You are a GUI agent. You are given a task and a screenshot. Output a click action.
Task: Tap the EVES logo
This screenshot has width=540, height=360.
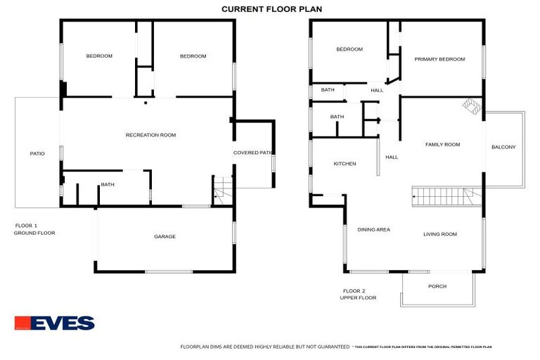(x=54, y=323)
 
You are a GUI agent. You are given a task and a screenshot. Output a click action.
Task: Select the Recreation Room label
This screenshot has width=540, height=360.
(x=150, y=135)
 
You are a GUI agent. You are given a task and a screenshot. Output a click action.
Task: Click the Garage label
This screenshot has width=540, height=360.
(x=165, y=236)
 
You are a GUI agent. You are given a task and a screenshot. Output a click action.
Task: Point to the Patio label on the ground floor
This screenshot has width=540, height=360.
(x=37, y=153)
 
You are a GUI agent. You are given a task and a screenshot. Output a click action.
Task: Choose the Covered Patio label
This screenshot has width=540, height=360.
(x=253, y=153)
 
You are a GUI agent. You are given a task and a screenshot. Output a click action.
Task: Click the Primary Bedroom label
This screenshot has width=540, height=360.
(x=439, y=59)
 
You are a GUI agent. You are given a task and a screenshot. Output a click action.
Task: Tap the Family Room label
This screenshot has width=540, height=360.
(x=442, y=144)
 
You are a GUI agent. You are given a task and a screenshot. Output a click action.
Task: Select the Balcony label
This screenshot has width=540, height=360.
(x=503, y=147)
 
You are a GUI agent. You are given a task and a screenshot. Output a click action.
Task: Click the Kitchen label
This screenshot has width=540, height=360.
(x=345, y=164)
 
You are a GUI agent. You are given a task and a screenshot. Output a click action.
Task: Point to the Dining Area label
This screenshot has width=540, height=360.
(x=373, y=229)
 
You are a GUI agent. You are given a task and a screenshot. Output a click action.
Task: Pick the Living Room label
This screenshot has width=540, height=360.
(x=440, y=234)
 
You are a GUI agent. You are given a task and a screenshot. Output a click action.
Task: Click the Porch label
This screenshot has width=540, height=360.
(x=437, y=286)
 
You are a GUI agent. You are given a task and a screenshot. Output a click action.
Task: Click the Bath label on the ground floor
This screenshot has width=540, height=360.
(x=108, y=184)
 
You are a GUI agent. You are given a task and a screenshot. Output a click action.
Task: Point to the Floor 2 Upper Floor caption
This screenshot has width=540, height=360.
(x=359, y=294)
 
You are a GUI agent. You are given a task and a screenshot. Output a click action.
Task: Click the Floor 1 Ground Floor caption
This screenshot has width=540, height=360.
(x=34, y=229)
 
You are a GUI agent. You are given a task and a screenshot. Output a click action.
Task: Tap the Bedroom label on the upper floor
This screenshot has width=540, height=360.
(x=349, y=49)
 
